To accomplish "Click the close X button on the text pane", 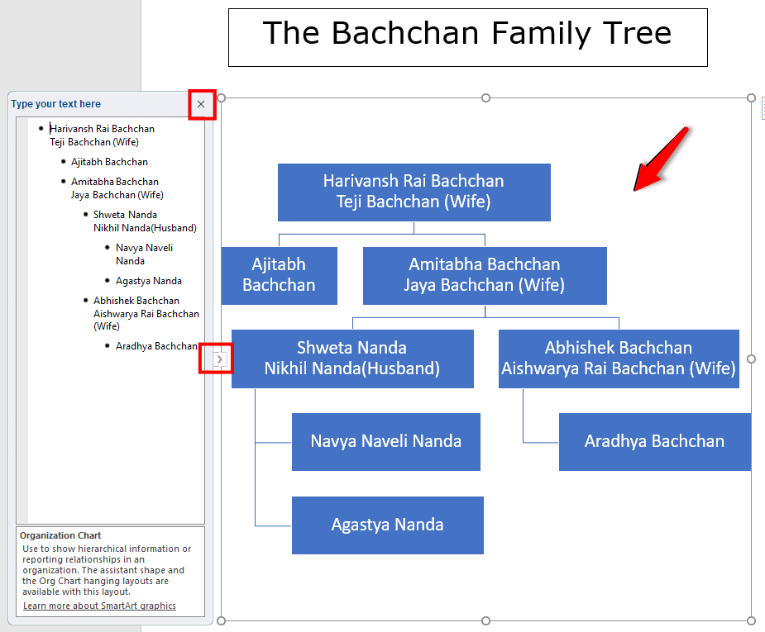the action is pos(201,104).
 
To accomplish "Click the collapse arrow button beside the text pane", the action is pos(220,359).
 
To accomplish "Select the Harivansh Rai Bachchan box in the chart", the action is pos(414,192).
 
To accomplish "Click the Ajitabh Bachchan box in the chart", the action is pos(279,275).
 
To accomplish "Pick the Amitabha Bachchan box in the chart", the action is pos(485,275).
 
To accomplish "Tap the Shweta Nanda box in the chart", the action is pos(352,359).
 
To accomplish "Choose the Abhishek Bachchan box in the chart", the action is pos(619,359).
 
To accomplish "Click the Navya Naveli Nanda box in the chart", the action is pos(386,442).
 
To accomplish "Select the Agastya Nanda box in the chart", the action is pos(388,525).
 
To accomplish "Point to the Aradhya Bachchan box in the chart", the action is pos(655,442).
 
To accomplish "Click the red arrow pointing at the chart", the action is pos(661,159).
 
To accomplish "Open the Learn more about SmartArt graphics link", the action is pos(99,606).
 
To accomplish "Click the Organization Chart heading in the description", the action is pos(60,535).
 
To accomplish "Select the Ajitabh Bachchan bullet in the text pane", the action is pos(109,162).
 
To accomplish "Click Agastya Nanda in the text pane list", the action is pos(149,281).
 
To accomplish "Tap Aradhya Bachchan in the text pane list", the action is pos(156,346).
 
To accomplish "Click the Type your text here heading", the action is pos(56,104).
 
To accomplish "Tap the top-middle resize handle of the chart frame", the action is pos(485,98).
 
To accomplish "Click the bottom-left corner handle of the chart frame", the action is pos(221,620).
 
